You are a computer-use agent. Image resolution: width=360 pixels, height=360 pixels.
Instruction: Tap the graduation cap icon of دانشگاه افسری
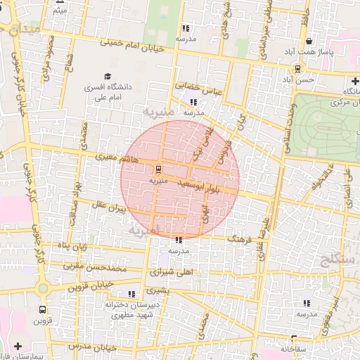[x=108, y=76]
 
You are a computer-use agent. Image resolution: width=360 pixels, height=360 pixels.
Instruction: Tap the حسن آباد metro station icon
[x=298, y=69]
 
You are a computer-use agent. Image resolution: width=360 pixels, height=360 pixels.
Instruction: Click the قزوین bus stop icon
[x=43, y=309]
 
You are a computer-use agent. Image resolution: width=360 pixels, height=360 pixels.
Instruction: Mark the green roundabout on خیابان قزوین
[x=44, y=288]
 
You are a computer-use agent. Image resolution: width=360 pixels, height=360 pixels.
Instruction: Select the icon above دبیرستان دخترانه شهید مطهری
[x=131, y=294]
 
